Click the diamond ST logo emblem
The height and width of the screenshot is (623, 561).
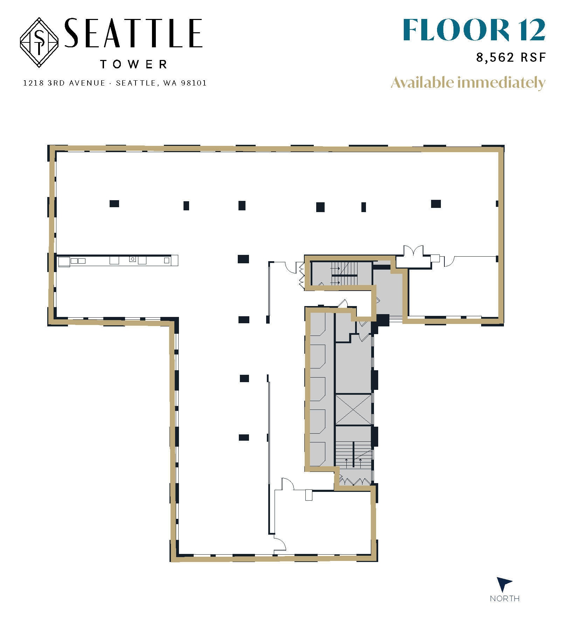click(x=39, y=43)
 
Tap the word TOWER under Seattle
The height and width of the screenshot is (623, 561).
click(x=133, y=65)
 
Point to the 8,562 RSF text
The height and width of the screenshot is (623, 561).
click(x=511, y=57)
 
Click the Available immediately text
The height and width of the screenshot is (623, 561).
click(x=468, y=83)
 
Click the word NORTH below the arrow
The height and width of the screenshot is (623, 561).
click(x=504, y=598)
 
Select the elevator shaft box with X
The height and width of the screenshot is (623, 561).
click(x=353, y=409)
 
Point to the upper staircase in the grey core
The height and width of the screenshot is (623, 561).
click(x=344, y=273)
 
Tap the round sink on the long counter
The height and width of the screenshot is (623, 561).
click(x=132, y=259)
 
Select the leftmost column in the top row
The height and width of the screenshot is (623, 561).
click(x=114, y=204)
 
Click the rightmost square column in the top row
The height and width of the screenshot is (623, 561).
click(x=436, y=204)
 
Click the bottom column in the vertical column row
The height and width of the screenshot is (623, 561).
click(x=244, y=437)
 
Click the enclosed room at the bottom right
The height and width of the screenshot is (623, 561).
click(x=322, y=522)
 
